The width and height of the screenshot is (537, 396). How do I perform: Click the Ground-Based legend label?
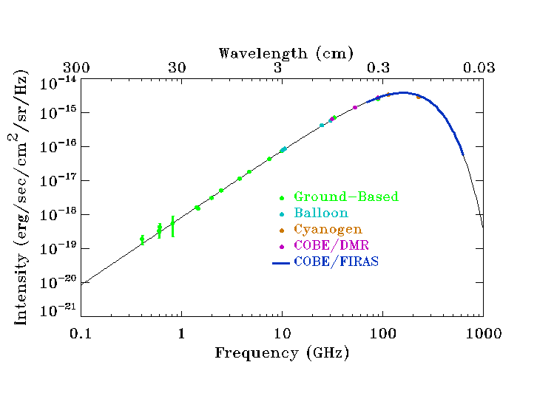pyautogui.click(x=345, y=197)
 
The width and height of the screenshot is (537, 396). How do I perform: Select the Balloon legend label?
pyautogui.click(x=320, y=214)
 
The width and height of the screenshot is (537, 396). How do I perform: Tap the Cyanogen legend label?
pyautogui.click(x=328, y=230)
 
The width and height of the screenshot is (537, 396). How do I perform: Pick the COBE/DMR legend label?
pyautogui.click(x=332, y=245)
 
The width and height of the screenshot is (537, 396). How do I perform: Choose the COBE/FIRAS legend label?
pyautogui.click(x=336, y=262)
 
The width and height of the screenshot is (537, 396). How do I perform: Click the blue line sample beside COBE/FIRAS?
pyautogui.click(x=280, y=262)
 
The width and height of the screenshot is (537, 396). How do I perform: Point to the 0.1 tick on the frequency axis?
pyautogui.click(x=81, y=333)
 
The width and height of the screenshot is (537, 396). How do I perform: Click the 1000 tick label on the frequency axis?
pyautogui.click(x=484, y=333)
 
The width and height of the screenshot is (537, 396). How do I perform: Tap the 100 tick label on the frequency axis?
pyautogui.click(x=382, y=333)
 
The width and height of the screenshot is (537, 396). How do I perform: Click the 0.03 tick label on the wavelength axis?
pyautogui.click(x=479, y=68)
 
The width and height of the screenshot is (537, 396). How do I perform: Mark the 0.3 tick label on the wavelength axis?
pyautogui.click(x=378, y=68)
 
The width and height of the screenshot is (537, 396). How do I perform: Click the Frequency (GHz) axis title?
pyautogui.click(x=282, y=352)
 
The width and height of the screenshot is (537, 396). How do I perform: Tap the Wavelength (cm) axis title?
pyautogui.click(x=286, y=53)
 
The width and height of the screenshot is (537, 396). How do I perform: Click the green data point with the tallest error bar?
pyautogui.click(x=172, y=226)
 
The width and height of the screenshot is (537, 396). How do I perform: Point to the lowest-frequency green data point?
pyautogui.click(x=142, y=239)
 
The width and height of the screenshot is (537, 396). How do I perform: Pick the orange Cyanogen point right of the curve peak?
pyautogui.click(x=419, y=97)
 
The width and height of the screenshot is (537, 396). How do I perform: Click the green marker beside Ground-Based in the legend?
pyautogui.click(x=281, y=198)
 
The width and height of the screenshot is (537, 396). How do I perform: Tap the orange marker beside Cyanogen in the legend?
pyautogui.click(x=281, y=230)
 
